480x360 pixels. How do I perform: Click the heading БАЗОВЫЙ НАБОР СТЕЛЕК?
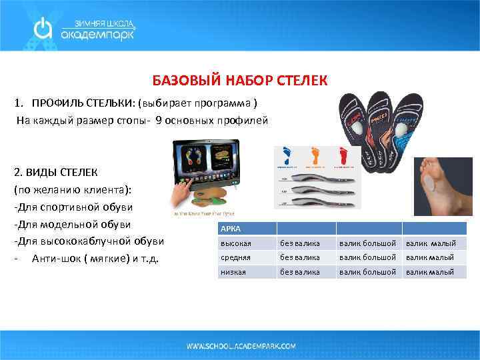(x=240, y=81)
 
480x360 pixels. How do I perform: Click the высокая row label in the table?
(x=236, y=243)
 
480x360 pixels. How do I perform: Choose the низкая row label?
(x=233, y=272)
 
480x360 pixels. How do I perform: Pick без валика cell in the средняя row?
(x=299, y=257)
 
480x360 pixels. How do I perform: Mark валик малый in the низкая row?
(x=429, y=272)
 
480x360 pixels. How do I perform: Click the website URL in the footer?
(x=241, y=347)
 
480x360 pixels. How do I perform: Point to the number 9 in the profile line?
(x=159, y=121)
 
